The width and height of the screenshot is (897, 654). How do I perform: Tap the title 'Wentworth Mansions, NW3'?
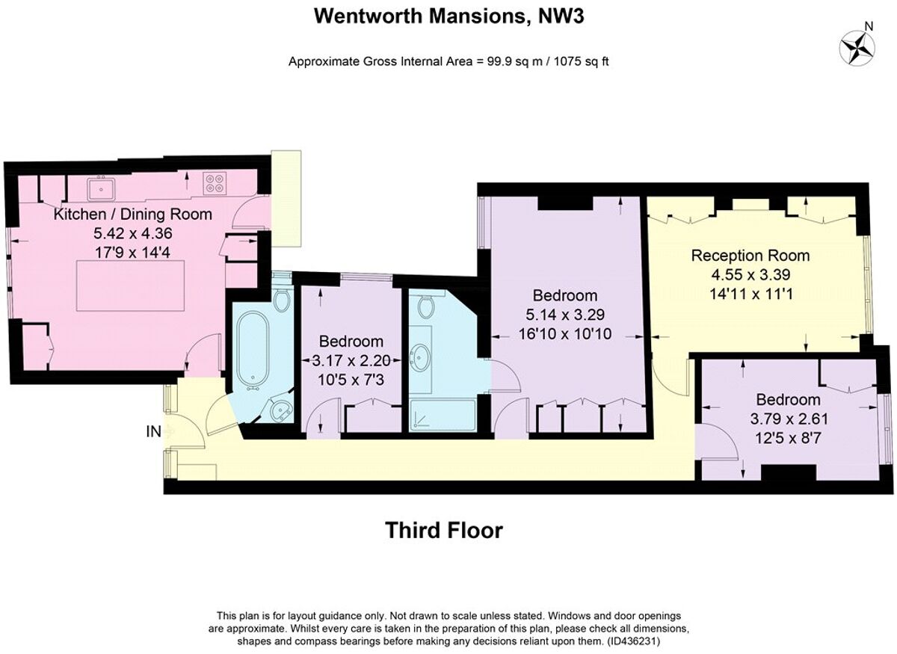449,16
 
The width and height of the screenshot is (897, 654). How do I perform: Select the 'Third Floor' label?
444,531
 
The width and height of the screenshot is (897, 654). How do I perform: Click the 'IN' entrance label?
154,431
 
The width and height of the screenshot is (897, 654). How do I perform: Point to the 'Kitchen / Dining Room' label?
133,215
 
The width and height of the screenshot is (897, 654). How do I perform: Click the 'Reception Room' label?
750,256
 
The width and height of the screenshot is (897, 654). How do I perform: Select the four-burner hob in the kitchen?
215,183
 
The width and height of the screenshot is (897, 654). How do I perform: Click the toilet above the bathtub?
281,300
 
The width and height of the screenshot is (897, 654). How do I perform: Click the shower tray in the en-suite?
443,416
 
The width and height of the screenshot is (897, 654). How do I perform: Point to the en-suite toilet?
426,306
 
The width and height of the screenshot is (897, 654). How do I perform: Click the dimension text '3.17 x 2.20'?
351,359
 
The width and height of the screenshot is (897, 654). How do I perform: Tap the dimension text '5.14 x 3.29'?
565,315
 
